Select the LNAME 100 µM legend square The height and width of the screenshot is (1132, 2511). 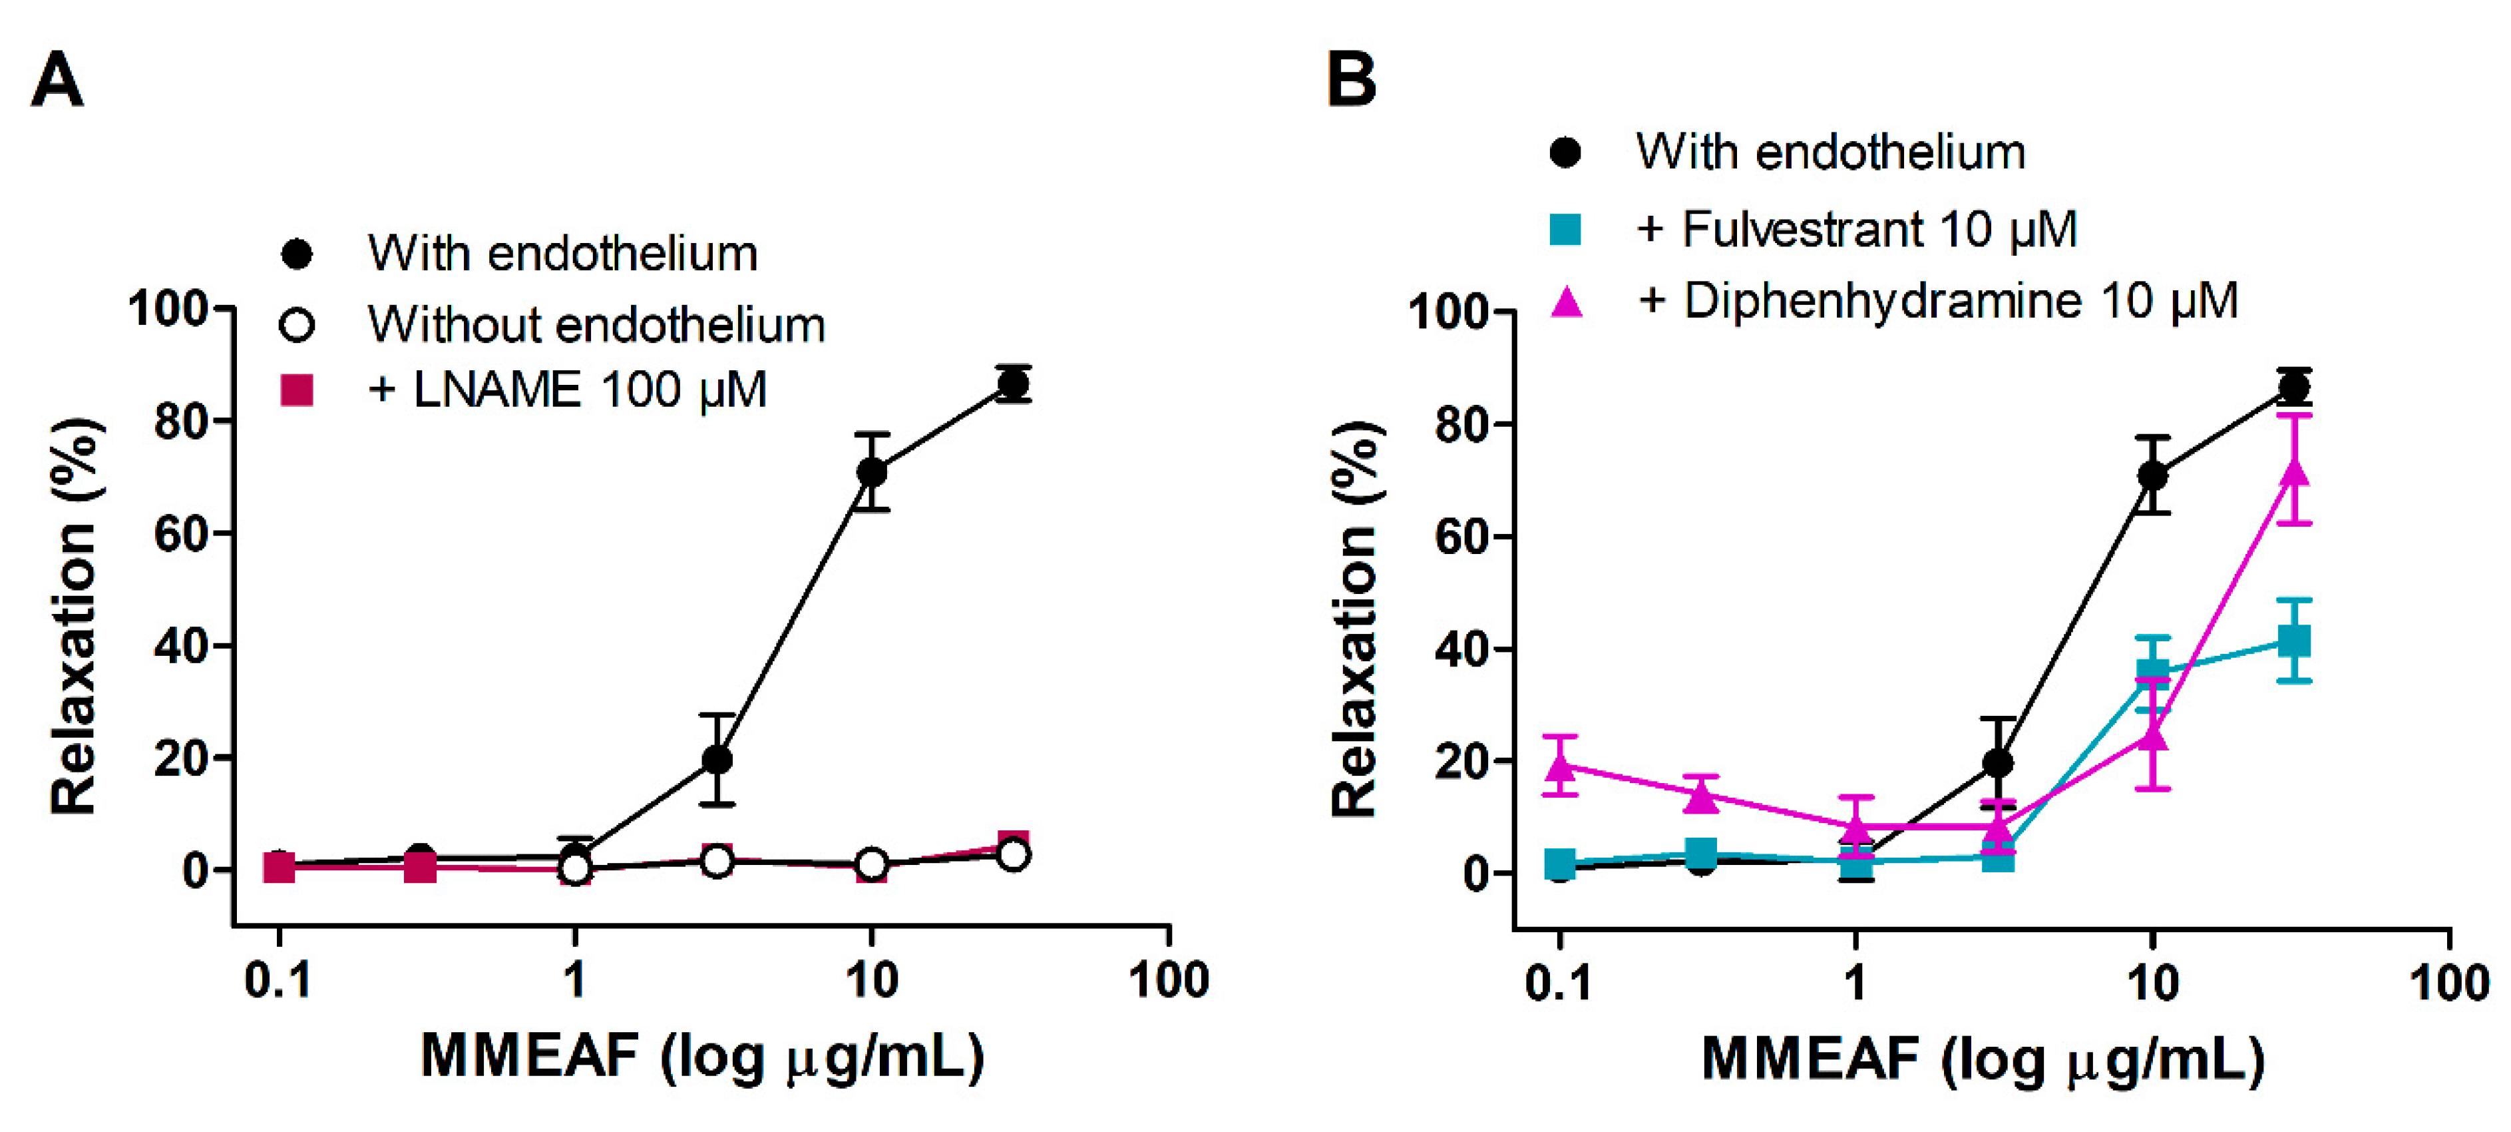click(x=296, y=390)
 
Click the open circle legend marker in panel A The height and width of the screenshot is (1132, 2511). click(x=296, y=325)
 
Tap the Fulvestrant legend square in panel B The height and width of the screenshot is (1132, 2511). click(x=1565, y=230)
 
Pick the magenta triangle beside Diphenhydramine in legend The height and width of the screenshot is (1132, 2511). click(x=1565, y=302)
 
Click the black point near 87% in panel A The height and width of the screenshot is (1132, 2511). click(x=1013, y=384)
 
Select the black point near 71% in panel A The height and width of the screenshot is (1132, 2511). click(x=871, y=473)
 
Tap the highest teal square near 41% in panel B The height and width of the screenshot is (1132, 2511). click(x=2295, y=641)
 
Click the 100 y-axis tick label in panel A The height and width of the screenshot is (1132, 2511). click(x=168, y=309)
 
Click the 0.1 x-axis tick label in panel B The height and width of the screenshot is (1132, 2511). click(x=1558, y=982)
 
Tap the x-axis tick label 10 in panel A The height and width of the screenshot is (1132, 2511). click(x=870, y=979)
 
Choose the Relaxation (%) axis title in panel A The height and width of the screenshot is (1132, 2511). click(x=74, y=616)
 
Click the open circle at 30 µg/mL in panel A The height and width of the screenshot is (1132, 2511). click(x=1014, y=855)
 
